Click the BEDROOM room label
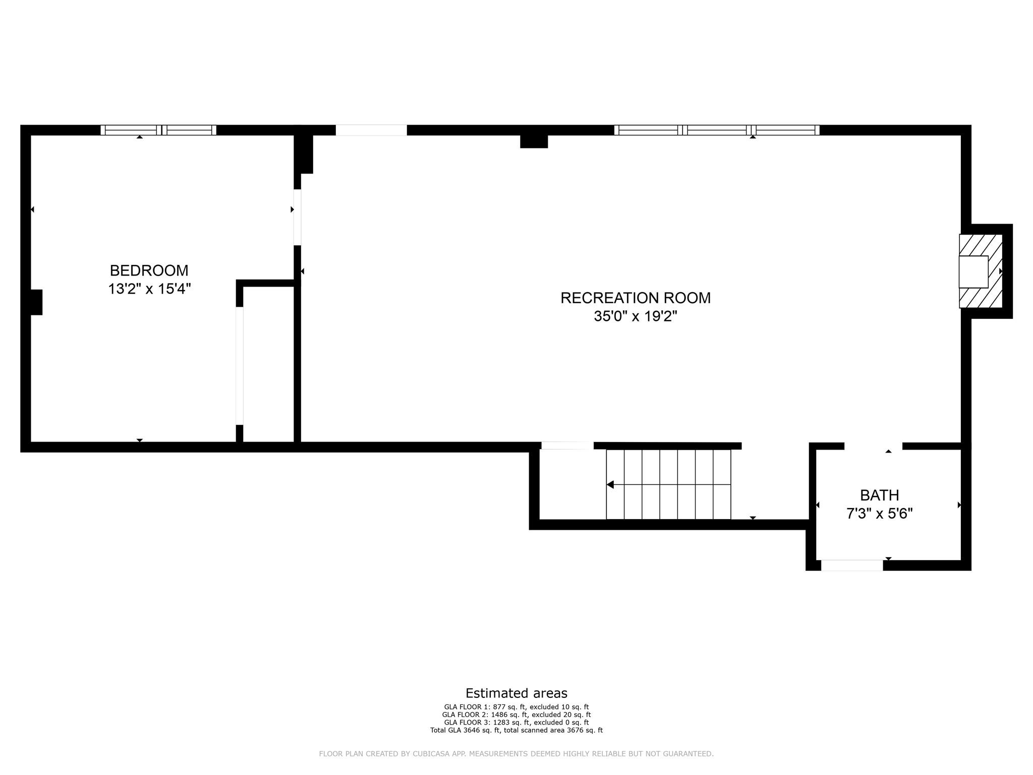pyautogui.click(x=149, y=270)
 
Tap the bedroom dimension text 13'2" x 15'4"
pyautogui.click(x=149, y=289)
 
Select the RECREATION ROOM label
pyautogui.click(x=636, y=298)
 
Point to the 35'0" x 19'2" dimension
pyautogui.click(x=636, y=316)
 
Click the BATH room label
pyautogui.click(x=880, y=495)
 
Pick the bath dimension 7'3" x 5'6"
pyautogui.click(x=880, y=514)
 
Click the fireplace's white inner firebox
pyautogui.click(x=973, y=271)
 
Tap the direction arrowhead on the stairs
pyautogui.click(x=610, y=485)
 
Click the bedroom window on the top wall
pyautogui.click(x=158, y=130)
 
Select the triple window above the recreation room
pyautogui.click(x=717, y=130)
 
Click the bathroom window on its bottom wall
pyautogui.click(x=852, y=565)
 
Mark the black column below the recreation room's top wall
pyautogui.click(x=534, y=141)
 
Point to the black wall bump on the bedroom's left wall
pyautogui.click(x=36, y=302)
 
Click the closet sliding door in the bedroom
pyautogui.click(x=240, y=366)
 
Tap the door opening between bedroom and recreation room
pyautogui.click(x=298, y=217)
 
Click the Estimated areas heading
pyautogui.click(x=516, y=693)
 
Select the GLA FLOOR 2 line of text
pyautogui.click(x=516, y=714)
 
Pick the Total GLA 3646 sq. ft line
pyautogui.click(x=516, y=730)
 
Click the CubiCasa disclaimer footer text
pyautogui.click(x=516, y=754)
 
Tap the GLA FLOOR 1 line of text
pyautogui.click(x=516, y=707)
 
